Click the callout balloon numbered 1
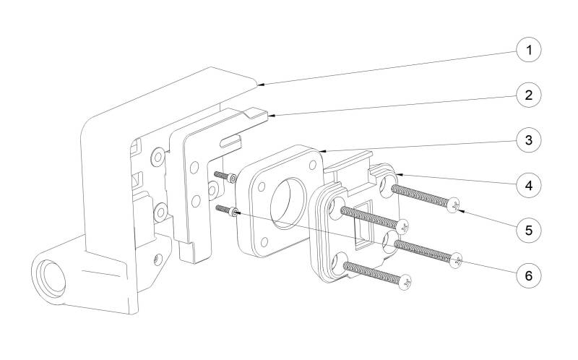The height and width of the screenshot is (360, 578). (x=529, y=49)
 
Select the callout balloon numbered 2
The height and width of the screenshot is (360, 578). (x=529, y=95)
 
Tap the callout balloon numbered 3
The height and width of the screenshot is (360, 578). (x=529, y=140)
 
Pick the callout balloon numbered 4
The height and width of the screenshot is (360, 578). (x=529, y=185)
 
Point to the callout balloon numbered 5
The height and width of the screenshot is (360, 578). (x=529, y=230)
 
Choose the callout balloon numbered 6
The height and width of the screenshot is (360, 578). (x=529, y=275)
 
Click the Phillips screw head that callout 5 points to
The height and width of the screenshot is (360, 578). (x=454, y=205)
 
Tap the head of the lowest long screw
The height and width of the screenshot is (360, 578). (x=405, y=282)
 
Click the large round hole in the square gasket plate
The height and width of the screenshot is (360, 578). (x=288, y=203)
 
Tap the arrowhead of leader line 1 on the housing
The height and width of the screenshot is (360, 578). (x=259, y=85)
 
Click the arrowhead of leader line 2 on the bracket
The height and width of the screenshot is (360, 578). (x=272, y=116)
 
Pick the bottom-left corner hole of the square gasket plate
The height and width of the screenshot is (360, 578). (x=264, y=241)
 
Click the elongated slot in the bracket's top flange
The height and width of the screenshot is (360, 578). (x=230, y=140)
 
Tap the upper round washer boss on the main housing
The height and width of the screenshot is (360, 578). (x=158, y=157)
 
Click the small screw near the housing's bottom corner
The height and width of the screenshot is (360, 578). (x=158, y=260)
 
